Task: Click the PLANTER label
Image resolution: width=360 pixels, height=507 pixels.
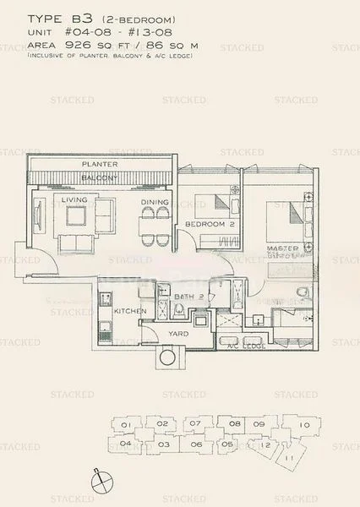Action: [100, 163]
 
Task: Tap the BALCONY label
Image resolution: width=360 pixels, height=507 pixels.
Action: [100, 177]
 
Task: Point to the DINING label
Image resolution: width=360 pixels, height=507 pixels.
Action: [155, 203]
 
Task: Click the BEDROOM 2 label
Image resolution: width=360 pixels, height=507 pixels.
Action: [210, 225]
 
